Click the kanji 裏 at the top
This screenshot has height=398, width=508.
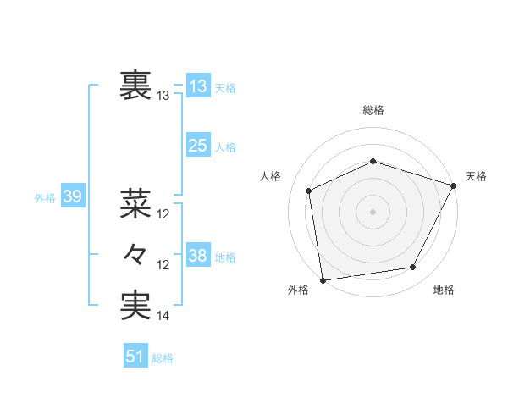pos(136,86)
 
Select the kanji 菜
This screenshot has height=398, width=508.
pos(136,203)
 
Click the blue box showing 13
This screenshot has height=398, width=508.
pos(198,86)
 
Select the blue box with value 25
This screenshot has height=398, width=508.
pos(198,146)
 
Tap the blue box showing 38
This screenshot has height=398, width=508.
pos(198,256)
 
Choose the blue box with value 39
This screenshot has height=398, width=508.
pos(72,197)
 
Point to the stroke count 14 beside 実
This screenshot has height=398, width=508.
pos(163,317)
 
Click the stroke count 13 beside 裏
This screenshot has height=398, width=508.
pos(163,96)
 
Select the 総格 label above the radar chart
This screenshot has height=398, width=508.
pos(373,110)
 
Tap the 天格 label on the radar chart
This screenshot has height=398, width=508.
pos(476,176)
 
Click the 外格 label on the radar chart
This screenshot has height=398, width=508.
pos(298,290)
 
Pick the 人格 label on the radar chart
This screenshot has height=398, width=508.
pos(270,176)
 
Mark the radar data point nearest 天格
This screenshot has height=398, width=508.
pos(454,185)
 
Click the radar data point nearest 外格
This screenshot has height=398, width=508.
pos(323,279)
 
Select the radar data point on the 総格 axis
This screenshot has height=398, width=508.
pos(373,161)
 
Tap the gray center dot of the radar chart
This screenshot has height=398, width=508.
pos(373,211)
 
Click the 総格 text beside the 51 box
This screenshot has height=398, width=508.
pos(163,358)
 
